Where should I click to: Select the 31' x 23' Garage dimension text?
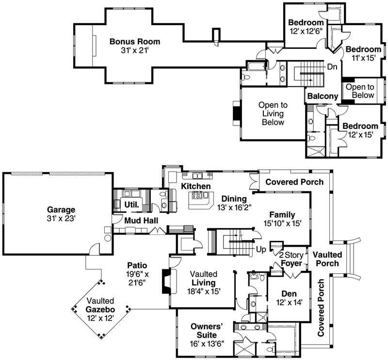point(61,219)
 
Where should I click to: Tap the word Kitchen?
point(196,187)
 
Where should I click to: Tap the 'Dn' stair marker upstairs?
point(332,66)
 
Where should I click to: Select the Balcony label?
point(323,96)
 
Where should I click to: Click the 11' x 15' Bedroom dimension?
point(363,58)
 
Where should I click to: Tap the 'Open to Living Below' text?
point(273,113)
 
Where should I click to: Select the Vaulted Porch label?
point(327,259)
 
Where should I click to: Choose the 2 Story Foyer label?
point(291,259)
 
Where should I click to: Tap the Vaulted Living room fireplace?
point(166,282)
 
